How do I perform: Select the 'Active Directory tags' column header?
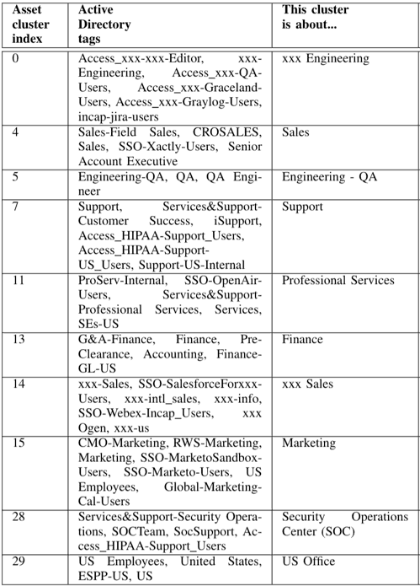[x=104, y=24]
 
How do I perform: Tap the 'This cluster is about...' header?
[x=316, y=17]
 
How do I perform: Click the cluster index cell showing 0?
[x=19, y=59]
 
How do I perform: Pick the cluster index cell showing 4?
[x=19, y=133]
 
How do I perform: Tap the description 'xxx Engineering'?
[x=325, y=59]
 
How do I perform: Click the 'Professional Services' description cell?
[x=338, y=281]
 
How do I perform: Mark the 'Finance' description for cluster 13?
[x=302, y=339]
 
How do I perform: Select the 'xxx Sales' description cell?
[x=307, y=384]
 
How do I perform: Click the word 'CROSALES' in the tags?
[x=229, y=133]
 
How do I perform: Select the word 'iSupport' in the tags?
[x=239, y=221]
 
